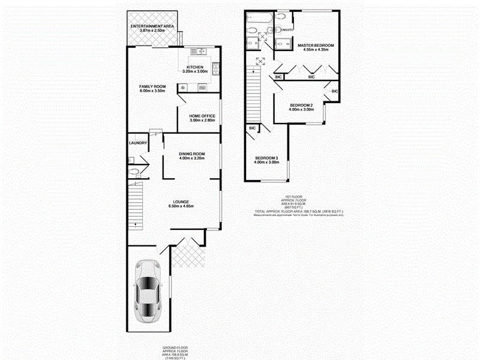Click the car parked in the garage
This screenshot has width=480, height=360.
tap(148, 291)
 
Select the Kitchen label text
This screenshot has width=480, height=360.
tap(195, 67)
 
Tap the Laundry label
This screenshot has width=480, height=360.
tap(138, 143)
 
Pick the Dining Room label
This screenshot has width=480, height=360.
tap(192, 154)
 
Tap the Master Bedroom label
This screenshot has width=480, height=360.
tap(316, 46)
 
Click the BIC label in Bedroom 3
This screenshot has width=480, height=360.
tap(252, 128)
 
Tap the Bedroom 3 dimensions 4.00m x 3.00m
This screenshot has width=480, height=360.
tap(266, 162)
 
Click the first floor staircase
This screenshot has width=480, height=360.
tap(254, 96)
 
